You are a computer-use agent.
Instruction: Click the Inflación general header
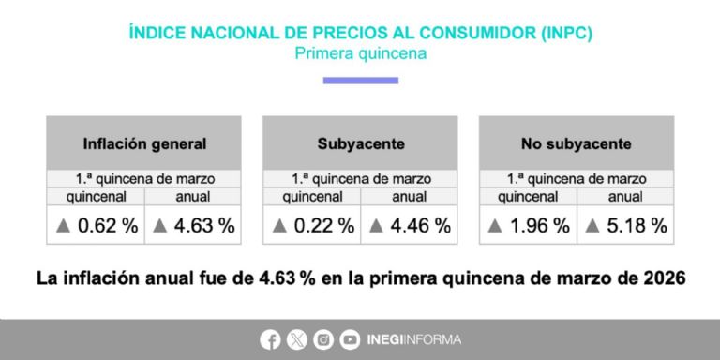[144, 144]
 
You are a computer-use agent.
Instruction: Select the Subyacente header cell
[360, 144]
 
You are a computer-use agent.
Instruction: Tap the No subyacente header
[576, 144]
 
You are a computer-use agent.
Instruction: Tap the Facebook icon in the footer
[271, 339]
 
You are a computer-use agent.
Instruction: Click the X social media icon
[297, 339]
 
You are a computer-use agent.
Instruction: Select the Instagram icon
[323, 339]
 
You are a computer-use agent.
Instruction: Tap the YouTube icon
[350, 339]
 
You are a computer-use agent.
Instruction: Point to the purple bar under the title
[360, 81]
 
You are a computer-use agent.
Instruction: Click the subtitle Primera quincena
[360, 53]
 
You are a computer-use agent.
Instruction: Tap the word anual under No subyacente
[625, 197]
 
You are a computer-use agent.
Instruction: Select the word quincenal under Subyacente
[311, 197]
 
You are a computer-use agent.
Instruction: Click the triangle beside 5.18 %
[592, 226]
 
